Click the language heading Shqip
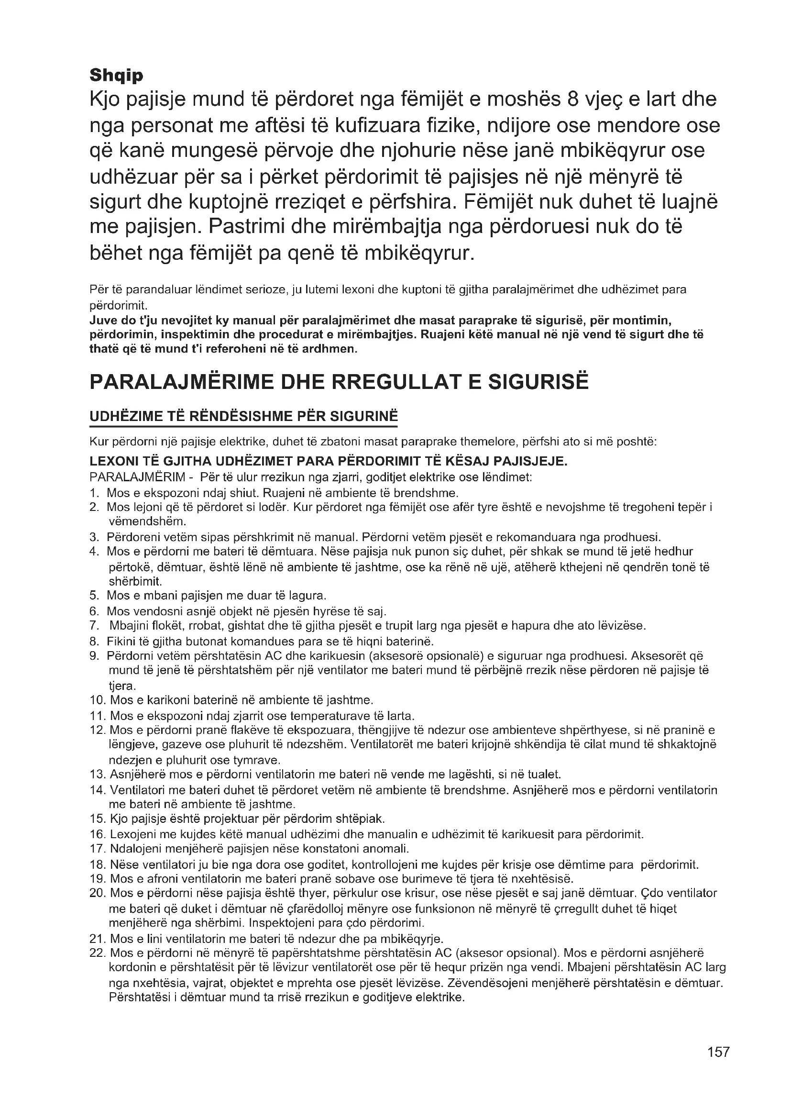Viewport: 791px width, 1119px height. click(x=116, y=76)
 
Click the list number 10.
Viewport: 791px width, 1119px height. click(x=98, y=700)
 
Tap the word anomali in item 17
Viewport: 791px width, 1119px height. click(x=386, y=849)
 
